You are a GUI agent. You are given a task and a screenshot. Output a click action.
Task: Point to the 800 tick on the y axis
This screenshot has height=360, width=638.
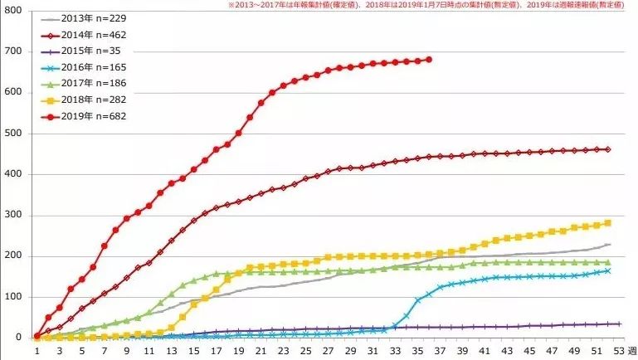[14, 11]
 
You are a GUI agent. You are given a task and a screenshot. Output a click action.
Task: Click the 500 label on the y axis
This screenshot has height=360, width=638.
[14, 134]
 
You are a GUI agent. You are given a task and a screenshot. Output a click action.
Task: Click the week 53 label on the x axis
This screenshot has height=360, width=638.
[619, 351]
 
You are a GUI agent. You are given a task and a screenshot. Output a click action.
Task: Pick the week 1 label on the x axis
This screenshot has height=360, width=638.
[37, 351]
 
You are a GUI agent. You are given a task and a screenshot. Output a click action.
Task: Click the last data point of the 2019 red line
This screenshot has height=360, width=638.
[429, 59]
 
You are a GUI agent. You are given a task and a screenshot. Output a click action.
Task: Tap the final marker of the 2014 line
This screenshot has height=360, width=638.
[608, 149]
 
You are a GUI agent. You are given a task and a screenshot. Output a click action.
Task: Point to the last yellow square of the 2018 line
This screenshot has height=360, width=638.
[608, 222]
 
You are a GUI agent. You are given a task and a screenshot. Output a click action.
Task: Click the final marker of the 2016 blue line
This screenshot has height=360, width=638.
[608, 270]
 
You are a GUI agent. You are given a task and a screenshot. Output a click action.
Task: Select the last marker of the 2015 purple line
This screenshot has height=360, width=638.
[619, 324]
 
